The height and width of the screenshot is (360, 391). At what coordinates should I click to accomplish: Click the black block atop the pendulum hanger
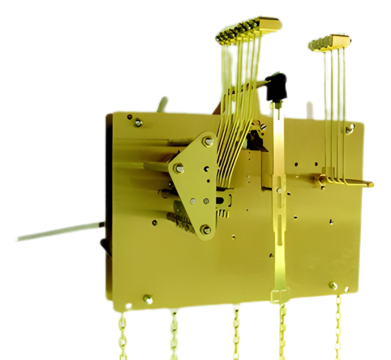tap(277, 86)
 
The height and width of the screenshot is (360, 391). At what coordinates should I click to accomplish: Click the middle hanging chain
tap(236, 332)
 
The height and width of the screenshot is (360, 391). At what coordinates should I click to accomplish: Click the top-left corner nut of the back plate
tap(138, 122)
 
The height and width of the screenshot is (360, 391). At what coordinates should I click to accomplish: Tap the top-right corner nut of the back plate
tap(349, 130)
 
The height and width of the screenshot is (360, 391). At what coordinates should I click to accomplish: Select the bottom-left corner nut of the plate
tap(148, 299)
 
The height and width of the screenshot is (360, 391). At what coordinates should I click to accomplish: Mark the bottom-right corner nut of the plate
tap(333, 285)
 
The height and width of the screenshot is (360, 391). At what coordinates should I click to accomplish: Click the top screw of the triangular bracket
tap(208, 142)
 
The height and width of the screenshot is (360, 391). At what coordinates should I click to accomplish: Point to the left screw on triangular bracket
tap(179, 168)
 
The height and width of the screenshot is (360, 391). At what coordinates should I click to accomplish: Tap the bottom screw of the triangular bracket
tap(206, 230)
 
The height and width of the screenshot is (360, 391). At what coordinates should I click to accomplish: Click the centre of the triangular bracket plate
tap(197, 181)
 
